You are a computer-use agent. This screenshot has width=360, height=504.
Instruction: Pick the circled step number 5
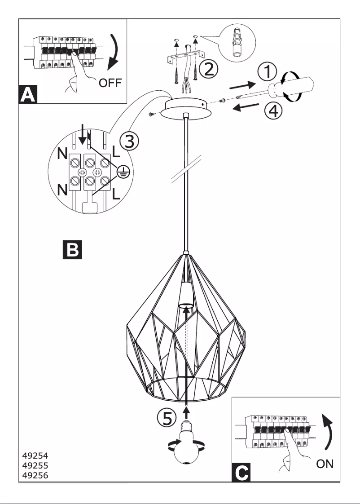[167, 419]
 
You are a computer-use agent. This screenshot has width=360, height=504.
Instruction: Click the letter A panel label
[28, 95]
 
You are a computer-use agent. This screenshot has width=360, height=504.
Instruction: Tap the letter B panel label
[72, 250]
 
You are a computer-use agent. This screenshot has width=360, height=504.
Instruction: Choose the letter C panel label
[241, 473]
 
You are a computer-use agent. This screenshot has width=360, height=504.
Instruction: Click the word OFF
[110, 83]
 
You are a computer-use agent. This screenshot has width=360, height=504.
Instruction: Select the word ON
[325, 464]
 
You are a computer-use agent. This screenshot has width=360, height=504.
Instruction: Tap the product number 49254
[35, 456]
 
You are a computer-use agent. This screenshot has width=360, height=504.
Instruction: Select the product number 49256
[35, 475]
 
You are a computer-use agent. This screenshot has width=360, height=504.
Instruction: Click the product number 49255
[35, 466]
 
